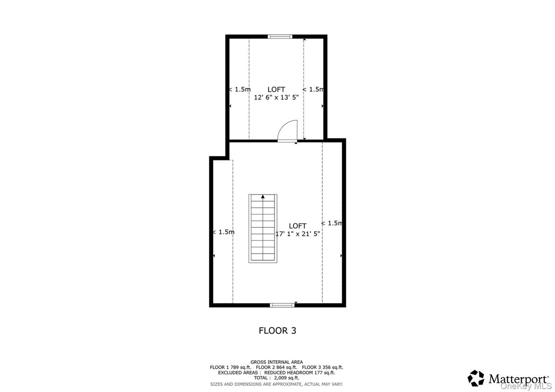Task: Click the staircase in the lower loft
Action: pos(263,228)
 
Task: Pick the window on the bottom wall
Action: pos(282,305)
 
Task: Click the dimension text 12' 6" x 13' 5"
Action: pos(277,97)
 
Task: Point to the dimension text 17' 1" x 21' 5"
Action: pos(298,234)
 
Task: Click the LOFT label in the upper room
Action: pos(277,89)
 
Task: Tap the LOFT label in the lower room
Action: pos(297,226)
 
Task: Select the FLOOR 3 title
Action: pos(277,331)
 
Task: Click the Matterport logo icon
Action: pos(476,378)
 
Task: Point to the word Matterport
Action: pos(512,378)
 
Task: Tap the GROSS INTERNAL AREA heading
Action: pos(277,362)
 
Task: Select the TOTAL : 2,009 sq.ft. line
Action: pos(277,378)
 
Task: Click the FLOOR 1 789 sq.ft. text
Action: pos(230,367)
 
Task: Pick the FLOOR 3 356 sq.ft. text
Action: pos(322,367)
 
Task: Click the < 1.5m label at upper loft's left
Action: pos(239,89)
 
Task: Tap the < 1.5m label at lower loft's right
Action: pos(332,223)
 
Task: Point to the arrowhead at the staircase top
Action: pos(263,196)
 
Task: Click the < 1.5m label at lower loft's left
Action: pos(223,232)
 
